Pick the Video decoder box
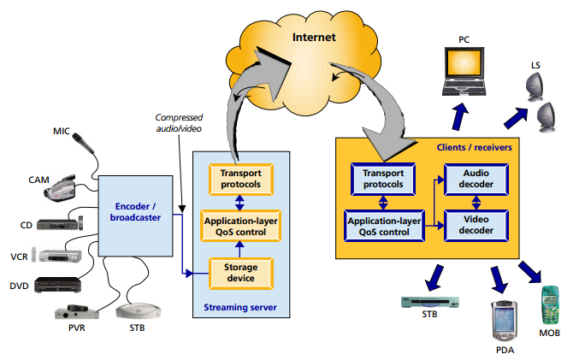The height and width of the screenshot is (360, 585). click(x=476, y=225)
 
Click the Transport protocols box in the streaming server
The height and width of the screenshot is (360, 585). click(x=241, y=179)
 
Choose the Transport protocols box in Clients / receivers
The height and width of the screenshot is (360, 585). click(x=384, y=179)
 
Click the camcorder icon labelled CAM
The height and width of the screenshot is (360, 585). click(x=68, y=187)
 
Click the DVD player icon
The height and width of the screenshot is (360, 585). click(x=61, y=285)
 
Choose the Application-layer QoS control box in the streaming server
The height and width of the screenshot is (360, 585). click(x=241, y=226)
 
